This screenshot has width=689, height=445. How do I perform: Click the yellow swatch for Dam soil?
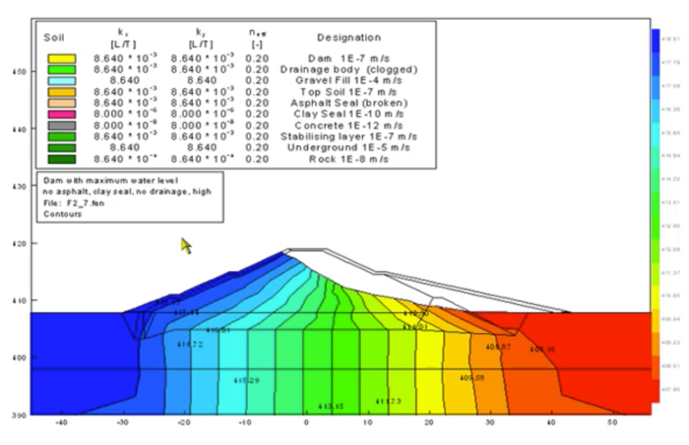61,59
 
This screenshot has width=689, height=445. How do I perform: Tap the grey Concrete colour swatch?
61,126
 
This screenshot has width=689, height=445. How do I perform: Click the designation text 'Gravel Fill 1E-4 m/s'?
349,81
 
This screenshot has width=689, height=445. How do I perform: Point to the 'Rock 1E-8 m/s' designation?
349,159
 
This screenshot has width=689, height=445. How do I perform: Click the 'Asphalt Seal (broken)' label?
349,103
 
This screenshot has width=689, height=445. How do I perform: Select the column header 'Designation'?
349,38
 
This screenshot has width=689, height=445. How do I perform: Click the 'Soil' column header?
54,38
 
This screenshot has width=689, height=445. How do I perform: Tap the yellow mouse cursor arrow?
185,245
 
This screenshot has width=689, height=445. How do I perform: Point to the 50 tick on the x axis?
611,422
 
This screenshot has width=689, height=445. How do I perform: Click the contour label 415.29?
247,381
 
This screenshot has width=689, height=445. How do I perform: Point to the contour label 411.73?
389,401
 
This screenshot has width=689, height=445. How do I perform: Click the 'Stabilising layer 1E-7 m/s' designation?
349,137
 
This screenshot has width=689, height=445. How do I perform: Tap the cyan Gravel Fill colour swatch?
61,81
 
